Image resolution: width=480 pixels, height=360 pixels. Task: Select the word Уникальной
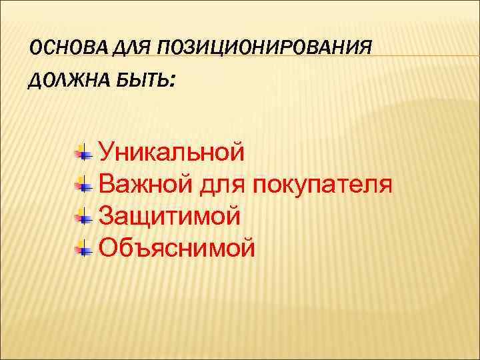tap(171, 153)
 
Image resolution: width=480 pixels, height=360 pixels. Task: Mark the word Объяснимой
tap(177, 248)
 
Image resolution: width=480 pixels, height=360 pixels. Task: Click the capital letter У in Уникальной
tap(107, 153)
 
